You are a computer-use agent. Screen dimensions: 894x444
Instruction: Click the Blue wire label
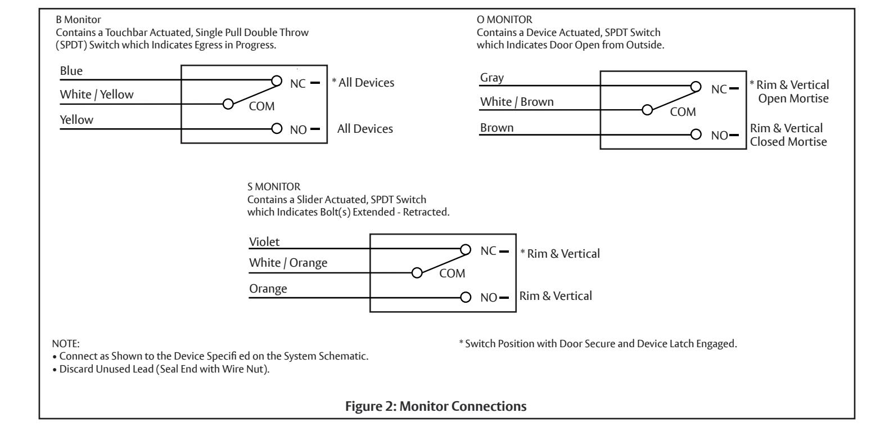click(71, 71)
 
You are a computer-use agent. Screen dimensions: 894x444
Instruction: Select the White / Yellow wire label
click(97, 95)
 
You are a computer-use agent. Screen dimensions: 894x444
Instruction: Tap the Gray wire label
click(491, 78)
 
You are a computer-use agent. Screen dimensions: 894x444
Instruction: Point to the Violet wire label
click(264, 242)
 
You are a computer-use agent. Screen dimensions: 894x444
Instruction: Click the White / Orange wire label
click(288, 263)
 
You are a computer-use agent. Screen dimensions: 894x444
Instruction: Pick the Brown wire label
click(497, 128)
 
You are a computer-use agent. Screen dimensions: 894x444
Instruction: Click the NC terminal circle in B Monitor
click(277, 80)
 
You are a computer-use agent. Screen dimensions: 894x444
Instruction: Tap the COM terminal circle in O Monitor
click(647, 110)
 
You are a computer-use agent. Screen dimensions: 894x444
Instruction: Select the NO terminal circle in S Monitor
click(466, 298)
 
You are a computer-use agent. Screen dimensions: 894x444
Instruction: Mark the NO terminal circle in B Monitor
click(277, 128)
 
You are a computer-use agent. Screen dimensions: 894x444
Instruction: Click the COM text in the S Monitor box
click(452, 273)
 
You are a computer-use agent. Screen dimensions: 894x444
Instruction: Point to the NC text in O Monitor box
click(719, 89)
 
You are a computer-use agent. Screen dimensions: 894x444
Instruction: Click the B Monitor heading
click(78, 20)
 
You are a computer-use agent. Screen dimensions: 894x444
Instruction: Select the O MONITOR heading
click(504, 20)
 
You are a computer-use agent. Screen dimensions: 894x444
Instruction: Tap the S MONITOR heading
click(274, 186)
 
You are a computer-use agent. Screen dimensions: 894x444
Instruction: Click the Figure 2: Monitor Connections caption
click(436, 406)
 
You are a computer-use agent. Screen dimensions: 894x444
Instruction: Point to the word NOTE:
click(66, 344)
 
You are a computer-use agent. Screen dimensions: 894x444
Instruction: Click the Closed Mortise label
click(788, 142)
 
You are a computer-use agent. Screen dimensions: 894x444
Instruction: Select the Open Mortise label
click(793, 98)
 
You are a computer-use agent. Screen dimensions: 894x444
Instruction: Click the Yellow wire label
click(76, 120)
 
